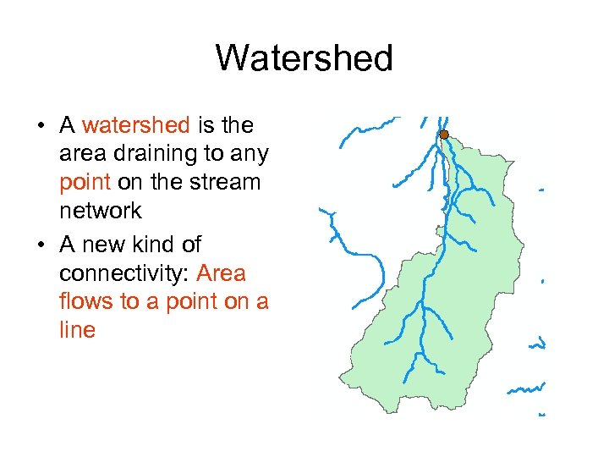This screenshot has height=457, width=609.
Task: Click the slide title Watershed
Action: (304, 58)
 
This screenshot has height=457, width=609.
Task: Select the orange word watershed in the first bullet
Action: (136, 126)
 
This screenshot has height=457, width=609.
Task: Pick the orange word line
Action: (77, 330)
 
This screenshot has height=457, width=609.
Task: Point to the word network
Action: (100, 211)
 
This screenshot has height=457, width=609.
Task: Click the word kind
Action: (153, 245)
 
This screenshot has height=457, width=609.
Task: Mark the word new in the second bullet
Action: (108, 245)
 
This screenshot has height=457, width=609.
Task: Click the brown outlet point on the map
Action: (444, 135)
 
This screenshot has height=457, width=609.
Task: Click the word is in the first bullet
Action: (206, 126)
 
